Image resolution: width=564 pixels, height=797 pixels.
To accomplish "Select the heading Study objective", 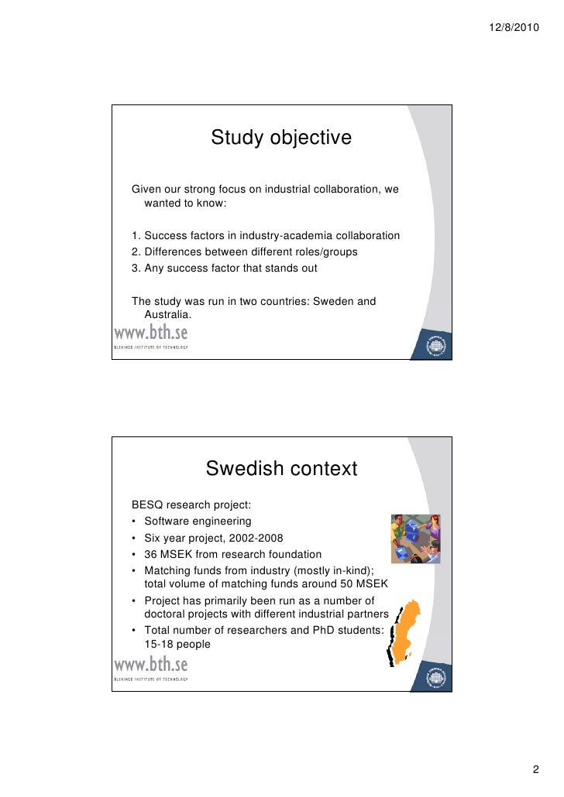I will [x=281, y=139].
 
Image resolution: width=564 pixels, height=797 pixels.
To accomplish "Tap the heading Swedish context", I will [x=281, y=469].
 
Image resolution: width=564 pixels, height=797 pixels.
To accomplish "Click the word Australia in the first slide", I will [x=167, y=314].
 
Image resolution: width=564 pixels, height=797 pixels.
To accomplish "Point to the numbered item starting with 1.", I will [x=266, y=235].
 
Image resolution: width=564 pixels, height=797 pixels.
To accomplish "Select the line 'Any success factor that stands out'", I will [x=225, y=269].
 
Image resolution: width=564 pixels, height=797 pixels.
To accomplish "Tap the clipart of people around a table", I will [x=415, y=538].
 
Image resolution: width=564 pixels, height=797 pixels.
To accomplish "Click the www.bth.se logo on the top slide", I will [x=151, y=336].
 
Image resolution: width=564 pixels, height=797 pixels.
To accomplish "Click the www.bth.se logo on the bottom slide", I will [x=151, y=667].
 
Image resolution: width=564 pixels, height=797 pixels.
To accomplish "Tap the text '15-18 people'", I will [x=177, y=644].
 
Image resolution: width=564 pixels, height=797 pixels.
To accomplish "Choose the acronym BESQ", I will [x=148, y=505].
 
